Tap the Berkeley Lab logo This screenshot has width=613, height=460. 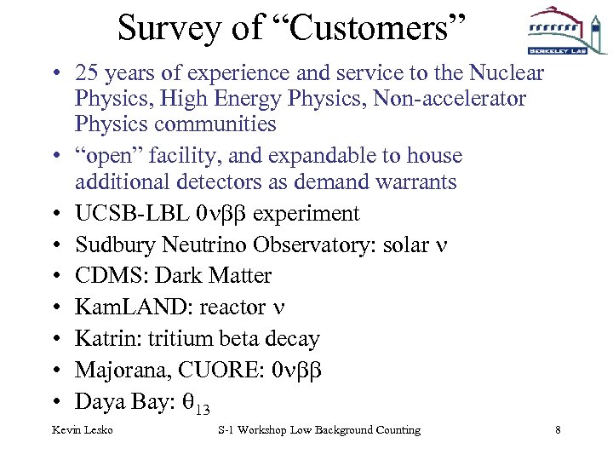click(555, 32)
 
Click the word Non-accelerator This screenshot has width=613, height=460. click(444, 99)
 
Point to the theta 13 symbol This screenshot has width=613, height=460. click(195, 403)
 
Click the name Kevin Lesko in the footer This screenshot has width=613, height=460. click(83, 430)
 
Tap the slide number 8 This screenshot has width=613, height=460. click(558, 430)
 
